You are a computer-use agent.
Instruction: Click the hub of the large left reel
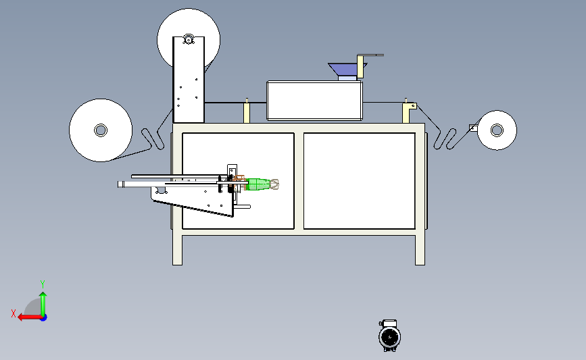tap(101, 130)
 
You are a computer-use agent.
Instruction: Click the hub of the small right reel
tap(497, 130)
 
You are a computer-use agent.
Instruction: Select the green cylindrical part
tap(258, 184)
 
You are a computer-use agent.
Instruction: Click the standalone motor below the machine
tap(390, 336)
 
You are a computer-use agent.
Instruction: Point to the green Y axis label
tap(43, 284)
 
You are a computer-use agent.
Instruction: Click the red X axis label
tap(14, 313)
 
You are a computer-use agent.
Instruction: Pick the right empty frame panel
tap(359, 181)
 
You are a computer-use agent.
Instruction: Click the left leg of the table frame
tap(178, 249)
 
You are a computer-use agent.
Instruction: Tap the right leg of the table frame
tap(420, 249)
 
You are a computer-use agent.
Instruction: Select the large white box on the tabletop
tap(314, 101)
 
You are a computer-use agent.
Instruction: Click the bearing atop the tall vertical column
tap(189, 39)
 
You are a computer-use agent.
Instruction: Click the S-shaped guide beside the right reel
tap(445, 139)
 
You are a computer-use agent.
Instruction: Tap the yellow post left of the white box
tap(247, 112)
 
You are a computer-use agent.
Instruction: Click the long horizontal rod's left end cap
tap(121, 184)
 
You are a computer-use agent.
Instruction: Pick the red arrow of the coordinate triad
tap(30, 317)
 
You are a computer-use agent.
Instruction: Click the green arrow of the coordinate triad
tap(43, 304)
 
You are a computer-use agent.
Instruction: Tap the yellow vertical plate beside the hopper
tap(360, 67)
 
